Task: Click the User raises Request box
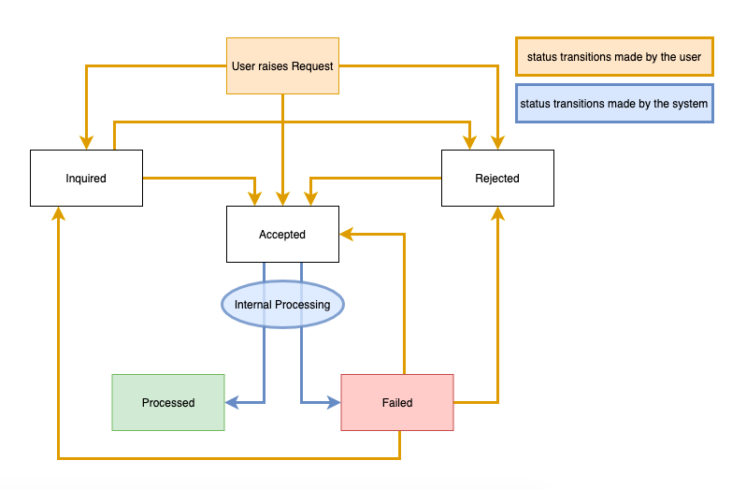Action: [282, 66]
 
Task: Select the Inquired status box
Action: [86, 178]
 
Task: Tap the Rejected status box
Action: [497, 178]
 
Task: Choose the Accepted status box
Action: [282, 235]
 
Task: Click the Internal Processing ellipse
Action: [282, 305]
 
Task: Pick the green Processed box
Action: [168, 402]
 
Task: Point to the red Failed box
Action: [397, 402]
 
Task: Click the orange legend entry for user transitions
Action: [613, 57]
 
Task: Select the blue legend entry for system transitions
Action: [613, 104]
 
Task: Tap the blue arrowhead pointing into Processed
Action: [232, 403]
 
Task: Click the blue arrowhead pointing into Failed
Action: [334, 403]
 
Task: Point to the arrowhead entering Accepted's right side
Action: [345, 235]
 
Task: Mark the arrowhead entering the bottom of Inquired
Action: [58, 212]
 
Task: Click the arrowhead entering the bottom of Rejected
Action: [497, 212]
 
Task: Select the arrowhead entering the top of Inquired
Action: [86, 143]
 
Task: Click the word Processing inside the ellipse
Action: [304, 305]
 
